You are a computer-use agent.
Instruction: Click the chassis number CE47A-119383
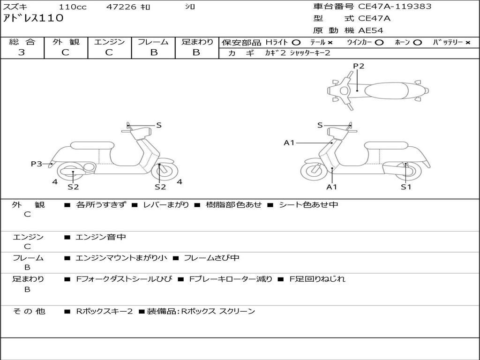pos(395,7)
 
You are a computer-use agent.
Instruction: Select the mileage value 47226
pos(121,7)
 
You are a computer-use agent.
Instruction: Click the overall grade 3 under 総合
pos(22,52)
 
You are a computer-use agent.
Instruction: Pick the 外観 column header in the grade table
pos(66,42)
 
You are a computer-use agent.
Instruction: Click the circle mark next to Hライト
pos(296,43)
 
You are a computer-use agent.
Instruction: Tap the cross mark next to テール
pos(330,43)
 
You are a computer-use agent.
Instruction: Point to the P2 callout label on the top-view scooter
pos(359,66)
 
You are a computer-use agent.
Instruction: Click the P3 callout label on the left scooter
pos(37,164)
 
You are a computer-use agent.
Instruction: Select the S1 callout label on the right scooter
pos(406,187)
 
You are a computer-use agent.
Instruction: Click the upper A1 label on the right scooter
pos(289,142)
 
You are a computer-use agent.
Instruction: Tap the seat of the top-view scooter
pos(386,91)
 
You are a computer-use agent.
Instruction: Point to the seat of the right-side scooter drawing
pos(386,145)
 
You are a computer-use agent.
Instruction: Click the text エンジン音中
pos(101,237)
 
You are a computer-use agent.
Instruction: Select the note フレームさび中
pos(211,258)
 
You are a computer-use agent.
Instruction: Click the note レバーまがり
pos(166,205)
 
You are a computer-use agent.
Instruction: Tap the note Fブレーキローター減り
pos(231,279)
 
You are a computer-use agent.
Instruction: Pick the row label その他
pos(29,311)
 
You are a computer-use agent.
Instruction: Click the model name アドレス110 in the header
pos(33,18)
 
